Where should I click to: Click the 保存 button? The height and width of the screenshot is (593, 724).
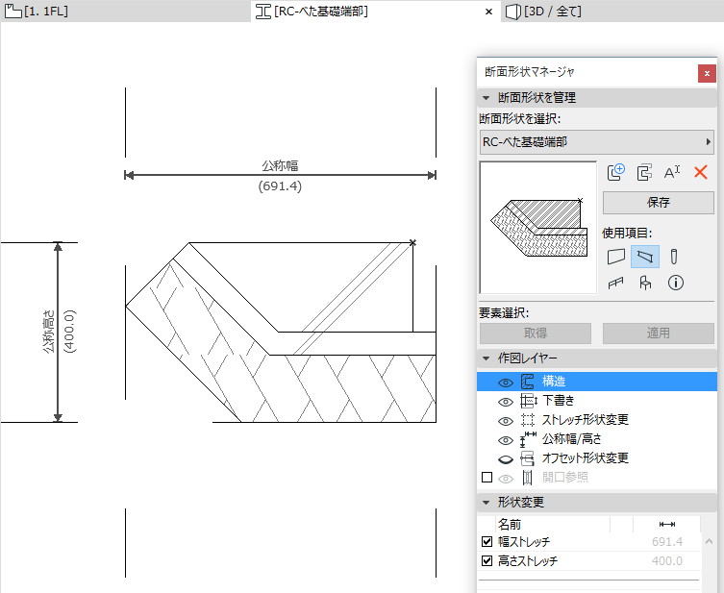click(659, 203)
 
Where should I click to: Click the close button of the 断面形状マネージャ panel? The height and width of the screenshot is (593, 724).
click(708, 72)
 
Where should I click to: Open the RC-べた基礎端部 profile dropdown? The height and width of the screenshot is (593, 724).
click(596, 142)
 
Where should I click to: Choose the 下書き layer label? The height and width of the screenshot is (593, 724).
click(559, 401)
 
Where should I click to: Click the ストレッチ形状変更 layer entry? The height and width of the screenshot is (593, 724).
click(586, 420)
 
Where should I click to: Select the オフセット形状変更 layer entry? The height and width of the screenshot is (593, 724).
click(586, 458)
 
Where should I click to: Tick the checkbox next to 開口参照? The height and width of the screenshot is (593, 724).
click(487, 478)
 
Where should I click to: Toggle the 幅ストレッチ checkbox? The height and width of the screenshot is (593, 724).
click(487, 542)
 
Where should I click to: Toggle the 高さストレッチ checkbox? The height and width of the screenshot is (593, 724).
click(487, 561)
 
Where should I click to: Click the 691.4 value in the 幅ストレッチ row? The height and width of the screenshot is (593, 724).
click(667, 542)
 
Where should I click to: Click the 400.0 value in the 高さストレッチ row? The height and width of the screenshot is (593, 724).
click(667, 561)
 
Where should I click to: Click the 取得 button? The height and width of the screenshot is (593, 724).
click(536, 334)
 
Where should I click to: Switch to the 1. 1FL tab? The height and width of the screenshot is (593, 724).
click(38, 12)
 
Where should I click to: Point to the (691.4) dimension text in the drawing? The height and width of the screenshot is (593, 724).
click(280, 186)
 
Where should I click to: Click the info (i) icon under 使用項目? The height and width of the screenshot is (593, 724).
click(675, 283)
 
